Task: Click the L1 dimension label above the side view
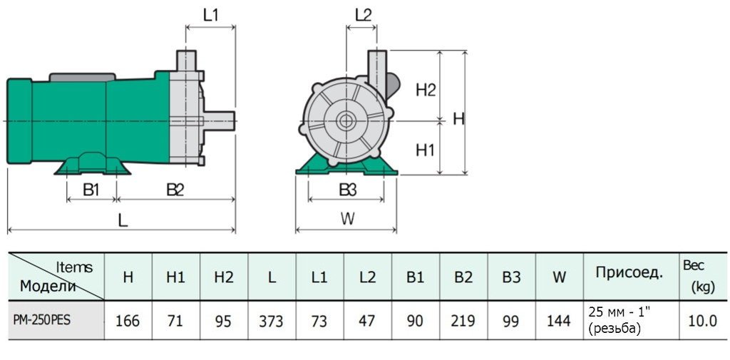click(x=210, y=14)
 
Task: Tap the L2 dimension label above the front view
click(x=363, y=14)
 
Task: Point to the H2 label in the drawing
click(x=426, y=89)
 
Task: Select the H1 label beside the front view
click(x=426, y=150)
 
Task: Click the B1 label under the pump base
click(x=91, y=190)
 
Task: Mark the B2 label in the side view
click(x=175, y=190)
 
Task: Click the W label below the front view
click(x=347, y=219)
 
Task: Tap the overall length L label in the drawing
click(x=123, y=220)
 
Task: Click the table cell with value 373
click(x=272, y=321)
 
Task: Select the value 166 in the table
click(x=128, y=321)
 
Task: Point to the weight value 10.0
click(x=703, y=321)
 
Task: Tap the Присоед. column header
click(x=629, y=272)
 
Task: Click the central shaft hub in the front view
click(x=347, y=120)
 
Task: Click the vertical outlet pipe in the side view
click(x=187, y=60)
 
